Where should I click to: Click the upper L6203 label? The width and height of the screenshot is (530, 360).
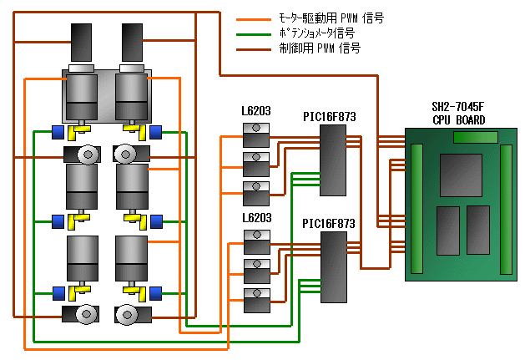point(255,112)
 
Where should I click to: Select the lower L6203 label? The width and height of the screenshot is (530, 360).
point(255,217)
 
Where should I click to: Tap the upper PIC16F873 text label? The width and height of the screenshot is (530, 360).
point(329,117)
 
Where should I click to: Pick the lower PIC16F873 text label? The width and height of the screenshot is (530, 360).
point(329,223)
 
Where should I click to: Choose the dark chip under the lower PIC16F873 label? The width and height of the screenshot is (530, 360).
point(335,266)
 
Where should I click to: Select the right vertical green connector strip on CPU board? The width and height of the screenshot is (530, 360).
point(505,208)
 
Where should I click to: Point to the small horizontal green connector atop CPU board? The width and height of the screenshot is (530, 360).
point(475,137)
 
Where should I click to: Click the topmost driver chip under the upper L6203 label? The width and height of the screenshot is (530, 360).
point(255,131)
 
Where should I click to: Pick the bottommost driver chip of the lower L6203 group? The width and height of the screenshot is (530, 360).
point(255,298)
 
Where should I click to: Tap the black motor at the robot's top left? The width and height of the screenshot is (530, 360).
point(83,42)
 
